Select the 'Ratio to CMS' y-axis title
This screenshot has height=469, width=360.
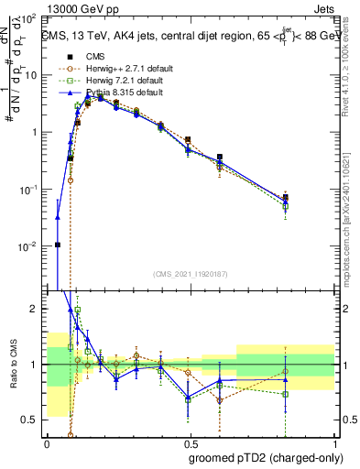(13, 365)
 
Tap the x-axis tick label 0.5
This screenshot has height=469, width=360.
(191, 442)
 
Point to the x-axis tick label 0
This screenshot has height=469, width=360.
(47, 442)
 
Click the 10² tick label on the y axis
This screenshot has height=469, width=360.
(30, 18)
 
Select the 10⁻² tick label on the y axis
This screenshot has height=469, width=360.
(29, 246)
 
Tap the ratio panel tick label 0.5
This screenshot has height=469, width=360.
(33, 420)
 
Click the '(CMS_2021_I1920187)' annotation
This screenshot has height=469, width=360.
(190, 274)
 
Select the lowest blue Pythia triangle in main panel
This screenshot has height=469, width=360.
(58, 218)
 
